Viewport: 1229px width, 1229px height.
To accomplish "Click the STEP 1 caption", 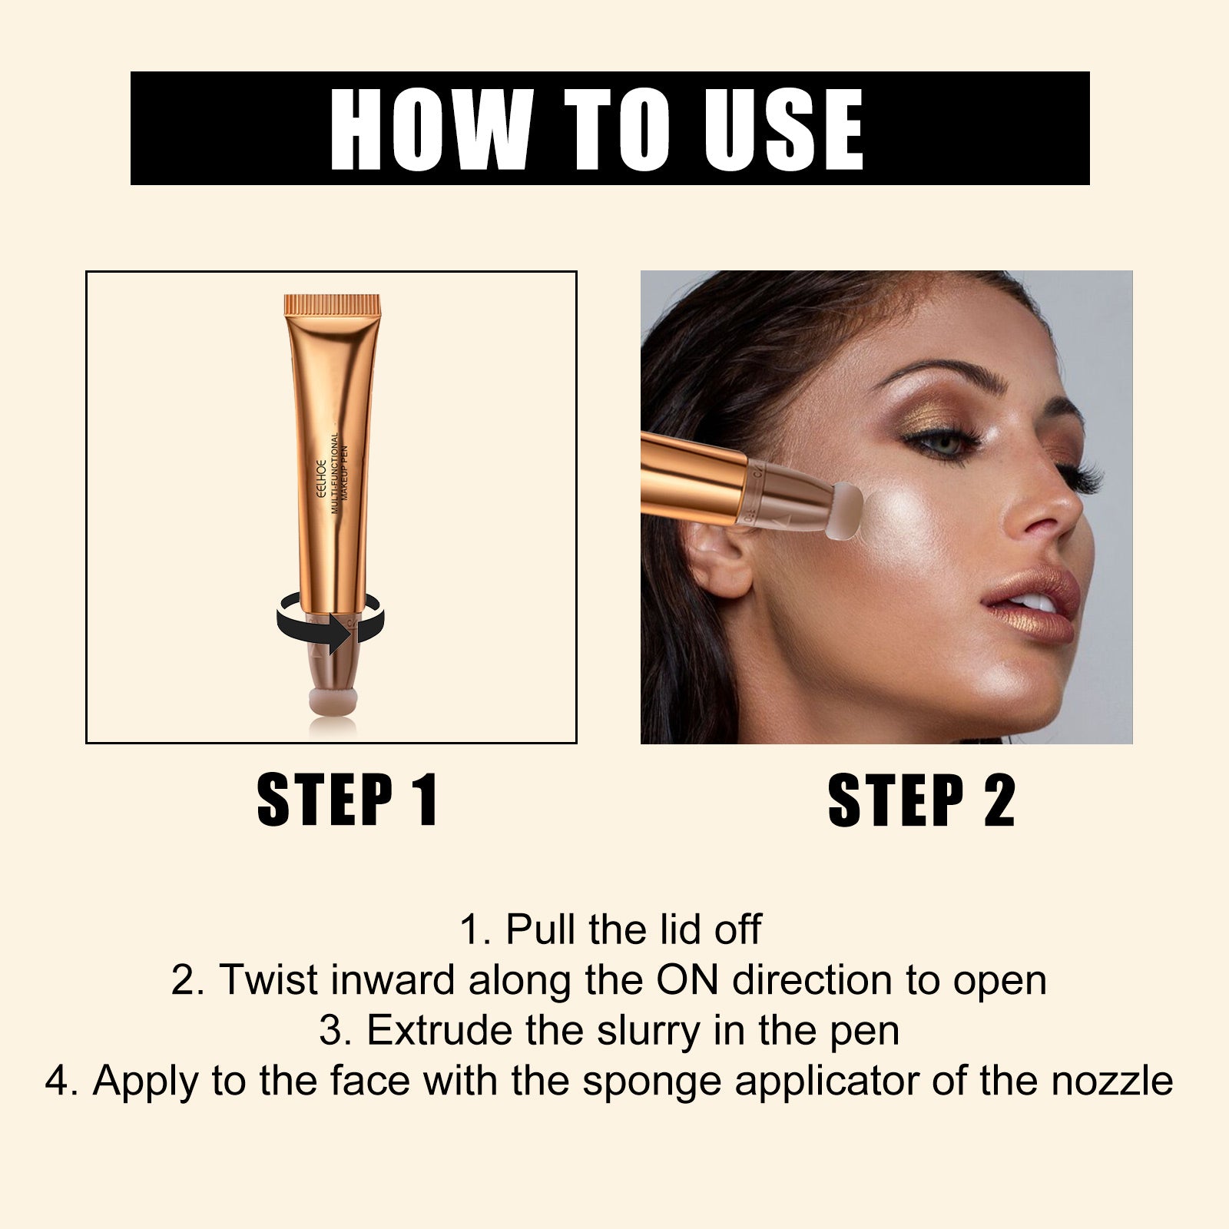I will coord(347,800).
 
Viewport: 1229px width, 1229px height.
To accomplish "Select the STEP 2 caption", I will coord(922,800).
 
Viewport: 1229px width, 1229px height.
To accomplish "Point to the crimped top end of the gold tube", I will coord(333,305).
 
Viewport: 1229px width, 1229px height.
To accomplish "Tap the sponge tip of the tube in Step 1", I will coord(333,701).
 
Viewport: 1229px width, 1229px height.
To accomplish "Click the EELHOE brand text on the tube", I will coord(323,480).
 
